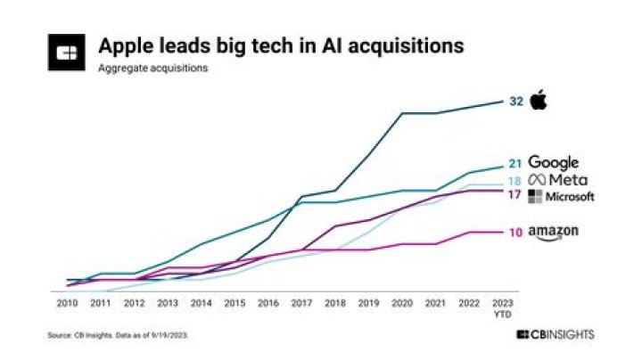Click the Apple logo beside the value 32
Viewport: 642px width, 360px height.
pos(538,100)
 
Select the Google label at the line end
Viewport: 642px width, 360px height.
pos(554,163)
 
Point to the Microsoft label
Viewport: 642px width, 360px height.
pos(561,197)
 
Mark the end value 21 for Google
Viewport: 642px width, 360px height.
pos(515,164)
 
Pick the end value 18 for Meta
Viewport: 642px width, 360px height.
pos(515,181)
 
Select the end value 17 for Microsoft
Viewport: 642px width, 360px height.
pos(515,195)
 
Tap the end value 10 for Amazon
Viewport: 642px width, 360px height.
pos(515,233)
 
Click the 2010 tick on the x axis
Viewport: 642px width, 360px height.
pos(67,303)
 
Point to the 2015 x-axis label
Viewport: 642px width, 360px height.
pos(235,303)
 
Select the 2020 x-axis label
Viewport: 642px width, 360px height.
pos(402,303)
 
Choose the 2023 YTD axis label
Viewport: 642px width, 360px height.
pos(503,307)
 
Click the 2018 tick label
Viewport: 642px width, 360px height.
pos(335,303)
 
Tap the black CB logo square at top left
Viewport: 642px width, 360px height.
pos(68,53)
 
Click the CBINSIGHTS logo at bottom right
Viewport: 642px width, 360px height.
pos(555,335)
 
